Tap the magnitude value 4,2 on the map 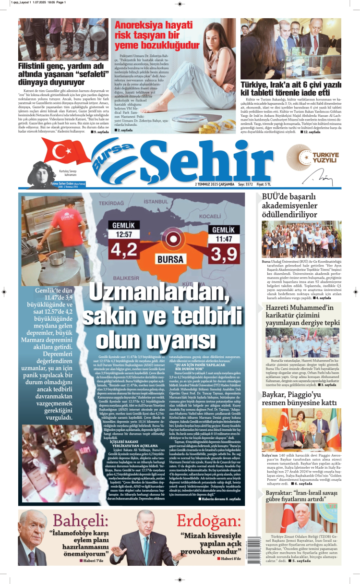coord(123,251)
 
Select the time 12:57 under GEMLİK coord(123,234)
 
